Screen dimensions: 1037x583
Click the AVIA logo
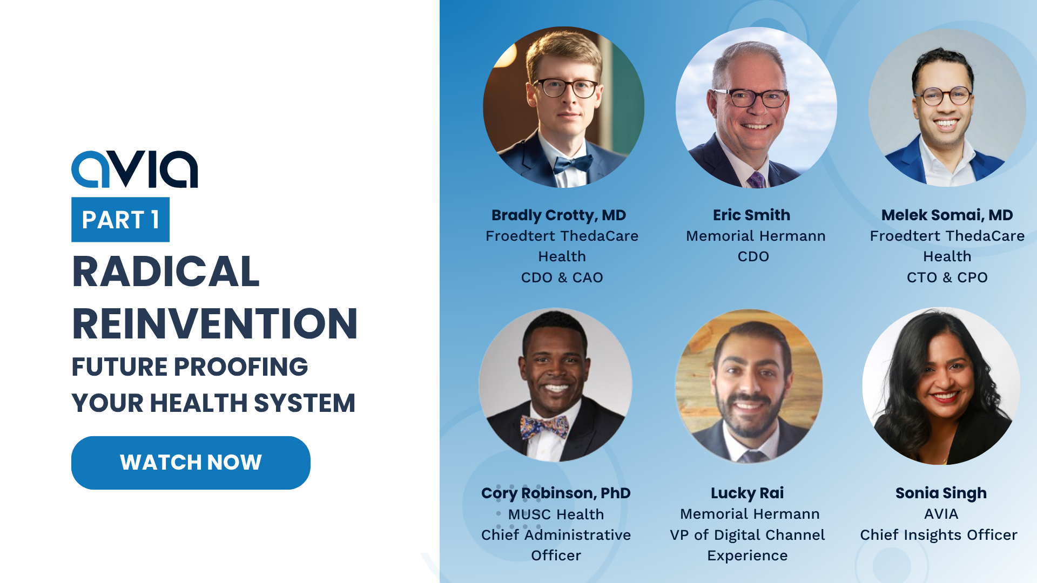[x=134, y=169]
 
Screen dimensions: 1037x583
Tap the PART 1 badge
[x=120, y=220]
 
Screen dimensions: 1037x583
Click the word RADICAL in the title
[x=166, y=272]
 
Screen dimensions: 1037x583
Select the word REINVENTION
[x=215, y=324]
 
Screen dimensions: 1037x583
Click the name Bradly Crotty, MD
[x=558, y=215]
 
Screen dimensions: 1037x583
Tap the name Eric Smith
[x=751, y=215]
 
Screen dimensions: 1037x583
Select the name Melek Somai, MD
[x=947, y=215]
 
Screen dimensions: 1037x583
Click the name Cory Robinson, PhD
[x=556, y=493]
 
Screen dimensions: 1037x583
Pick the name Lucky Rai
[x=747, y=493]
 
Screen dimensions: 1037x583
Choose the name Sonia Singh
[x=941, y=493]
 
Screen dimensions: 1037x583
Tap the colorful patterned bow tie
[x=544, y=426]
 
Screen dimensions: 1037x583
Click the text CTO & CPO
[x=947, y=277]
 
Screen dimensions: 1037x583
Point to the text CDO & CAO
[x=562, y=277]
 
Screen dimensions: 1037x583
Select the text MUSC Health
[x=556, y=514]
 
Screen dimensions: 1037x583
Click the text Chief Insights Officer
[x=939, y=535]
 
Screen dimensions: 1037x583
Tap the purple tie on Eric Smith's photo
[x=756, y=180]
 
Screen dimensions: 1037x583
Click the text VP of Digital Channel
[x=748, y=535]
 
